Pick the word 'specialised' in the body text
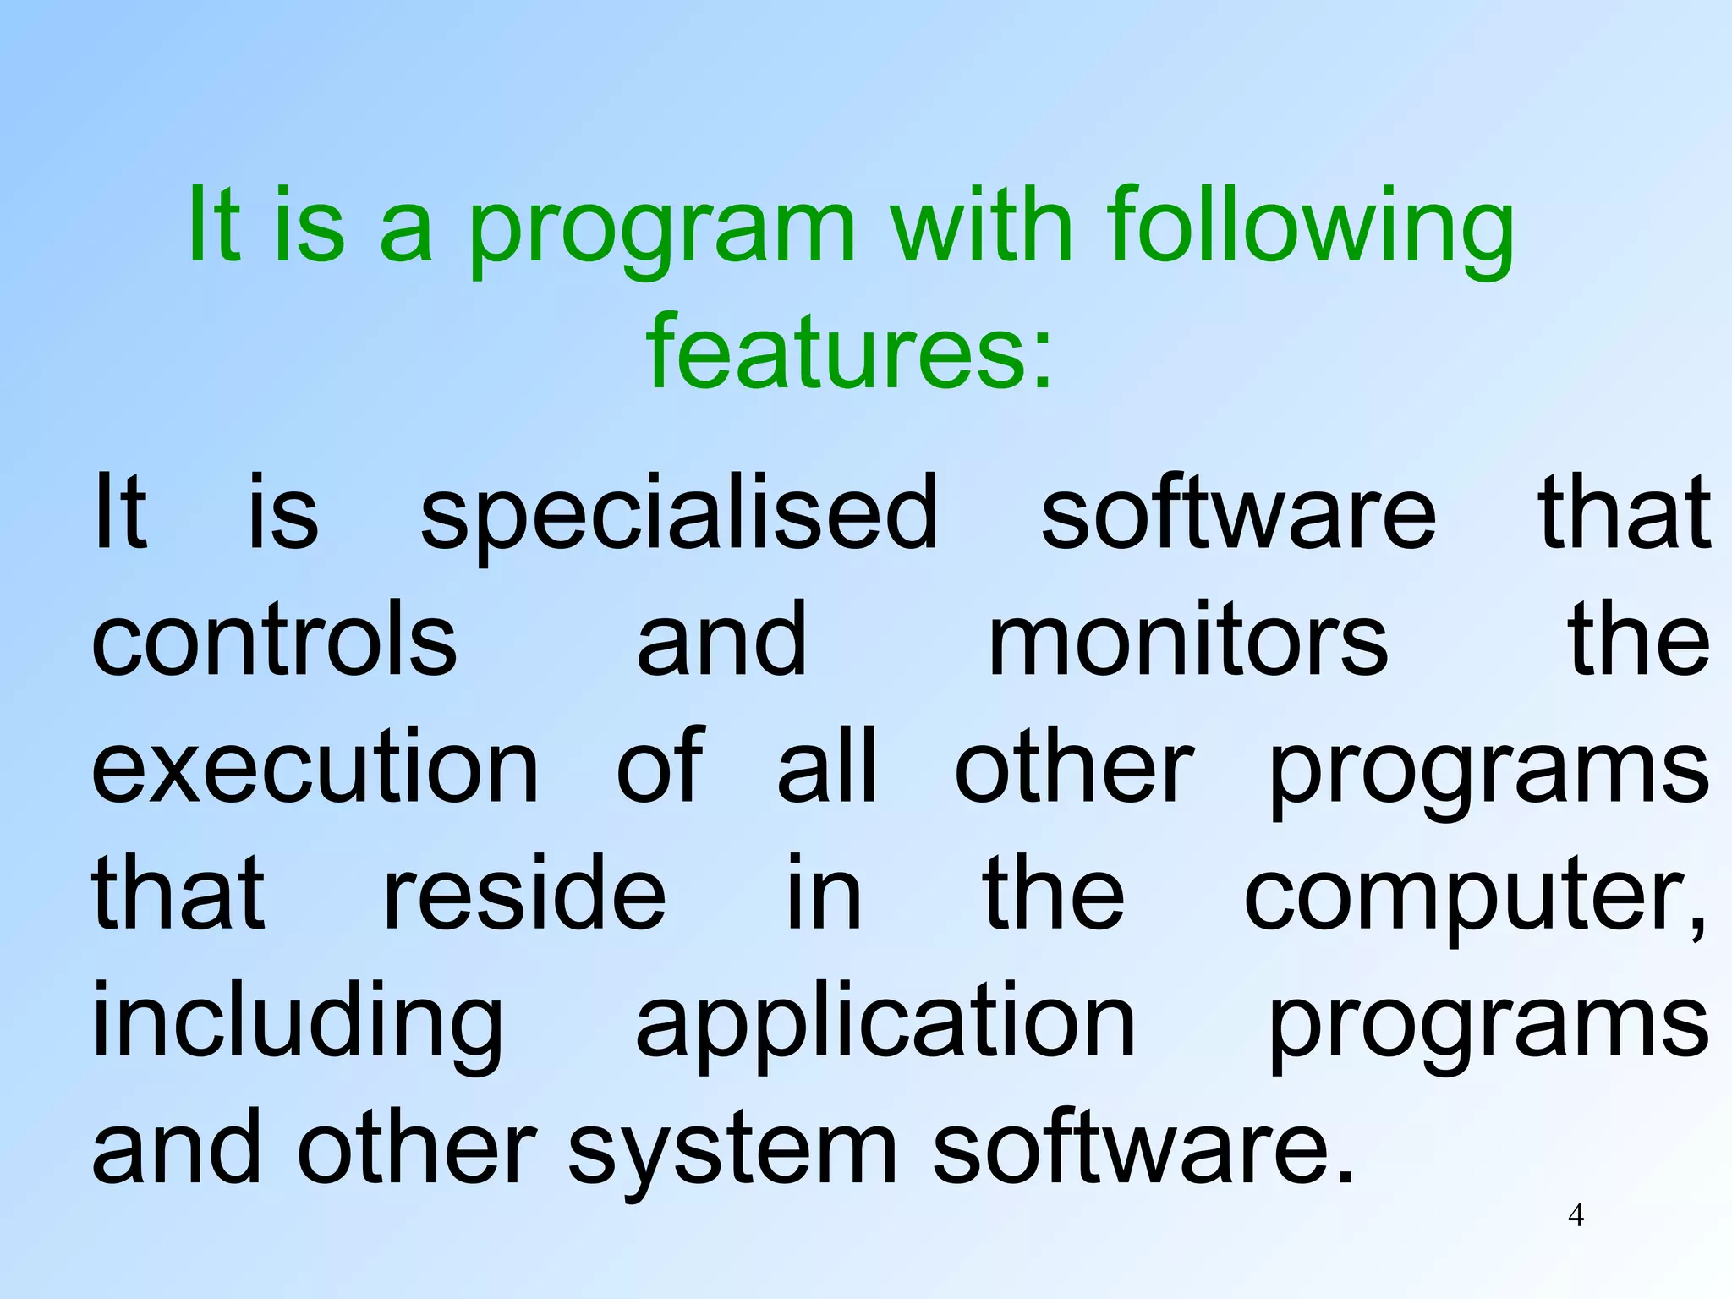(x=679, y=516)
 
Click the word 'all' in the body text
(x=827, y=765)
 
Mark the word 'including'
(x=297, y=1023)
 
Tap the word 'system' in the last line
(x=732, y=1150)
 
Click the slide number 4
(x=1576, y=1215)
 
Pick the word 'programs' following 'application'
(x=1488, y=1025)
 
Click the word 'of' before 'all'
(x=660, y=765)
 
